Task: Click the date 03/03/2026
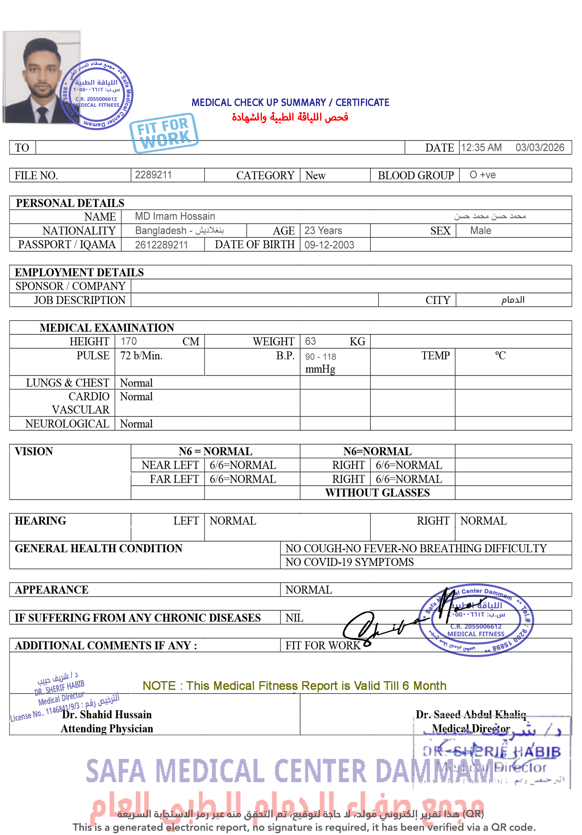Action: pyautogui.click(x=539, y=148)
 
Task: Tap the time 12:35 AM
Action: pyautogui.click(x=481, y=148)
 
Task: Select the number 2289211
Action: pyautogui.click(x=153, y=175)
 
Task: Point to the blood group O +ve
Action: pyautogui.click(x=482, y=175)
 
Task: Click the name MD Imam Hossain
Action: pyautogui.click(x=175, y=216)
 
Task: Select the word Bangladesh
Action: pyautogui.click(x=161, y=230)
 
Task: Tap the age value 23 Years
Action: pyautogui.click(x=323, y=230)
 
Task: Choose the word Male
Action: pyautogui.click(x=481, y=230)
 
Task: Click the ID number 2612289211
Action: pyautogui.click(x=161, y=245)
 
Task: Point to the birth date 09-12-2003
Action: pyautogui.click(x=329, y=245)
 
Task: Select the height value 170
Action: pyautogui.click(x=128, y=341)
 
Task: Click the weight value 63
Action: pyautogui.click(x=310, y=341)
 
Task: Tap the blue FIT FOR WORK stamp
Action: pyautogui.click(x=164, y=131)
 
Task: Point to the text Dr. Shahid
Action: pyautogui.click(x=87, y=714)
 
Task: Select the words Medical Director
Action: pyautogui.click(x=471, y=729)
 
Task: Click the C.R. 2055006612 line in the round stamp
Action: pyautogui.click(x=476, y=626)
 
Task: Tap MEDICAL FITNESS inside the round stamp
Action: pyautogui.click(x=476, y=634)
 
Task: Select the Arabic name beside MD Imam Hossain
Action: pyautogui.click(x=490, y=216)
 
